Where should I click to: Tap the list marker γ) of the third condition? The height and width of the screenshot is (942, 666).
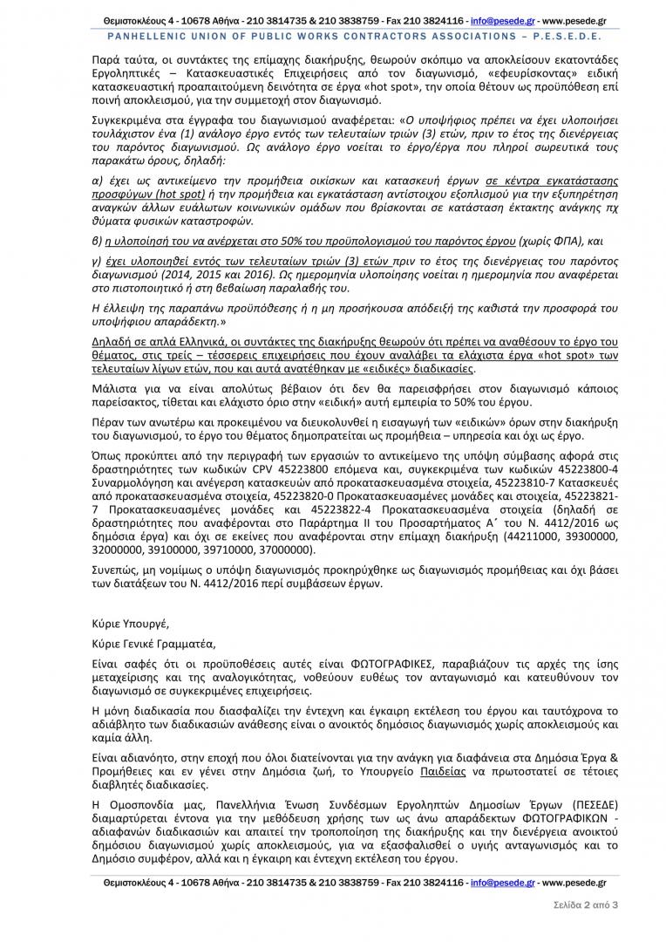pos(97,260)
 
